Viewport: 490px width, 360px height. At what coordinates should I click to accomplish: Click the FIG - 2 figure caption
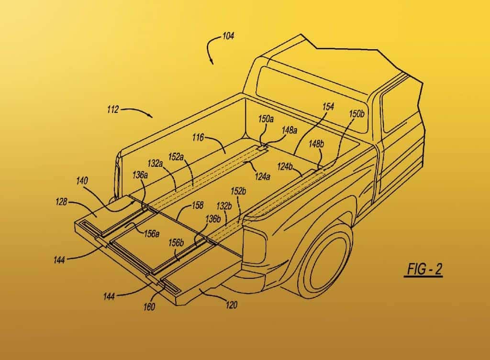pyautogui.click(x=423, y=270)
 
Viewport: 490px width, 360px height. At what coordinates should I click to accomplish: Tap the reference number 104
pyautogui.click(x=228, y=36)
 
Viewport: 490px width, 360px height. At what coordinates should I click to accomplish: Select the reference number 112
pyautogui.click(x=112, y=109)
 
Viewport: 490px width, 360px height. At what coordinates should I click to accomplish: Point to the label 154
pyautogui.click(x=328, y=107)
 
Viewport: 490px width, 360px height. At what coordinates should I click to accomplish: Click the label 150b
pyautogui.click(x=356, y=114)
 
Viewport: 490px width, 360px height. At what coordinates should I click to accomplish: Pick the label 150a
pyautogui.click(x=266, y=119)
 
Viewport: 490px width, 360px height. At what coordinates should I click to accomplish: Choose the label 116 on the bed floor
pyautogui.click(x=198, y=137)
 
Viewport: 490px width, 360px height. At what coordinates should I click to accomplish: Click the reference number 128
pyautogui.click(x=61, y=202)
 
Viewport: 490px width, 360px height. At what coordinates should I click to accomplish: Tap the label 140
pyautogui.click(x=82, y=181)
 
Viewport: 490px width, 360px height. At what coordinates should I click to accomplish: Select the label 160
pyautogui.click(x=149, y=307)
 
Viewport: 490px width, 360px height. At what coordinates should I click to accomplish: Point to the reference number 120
pyautogui.click(x=231, y=305)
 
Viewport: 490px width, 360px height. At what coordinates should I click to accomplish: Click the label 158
pyautogui.click(x=198, y=205)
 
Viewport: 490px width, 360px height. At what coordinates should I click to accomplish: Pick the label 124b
pyautogui.click(x=285, y=167)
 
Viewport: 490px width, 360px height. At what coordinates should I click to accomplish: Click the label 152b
pyautogui.click(x=238, y=191)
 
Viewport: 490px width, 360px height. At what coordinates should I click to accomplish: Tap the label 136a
pyautogui.click(x=140, y=175)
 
